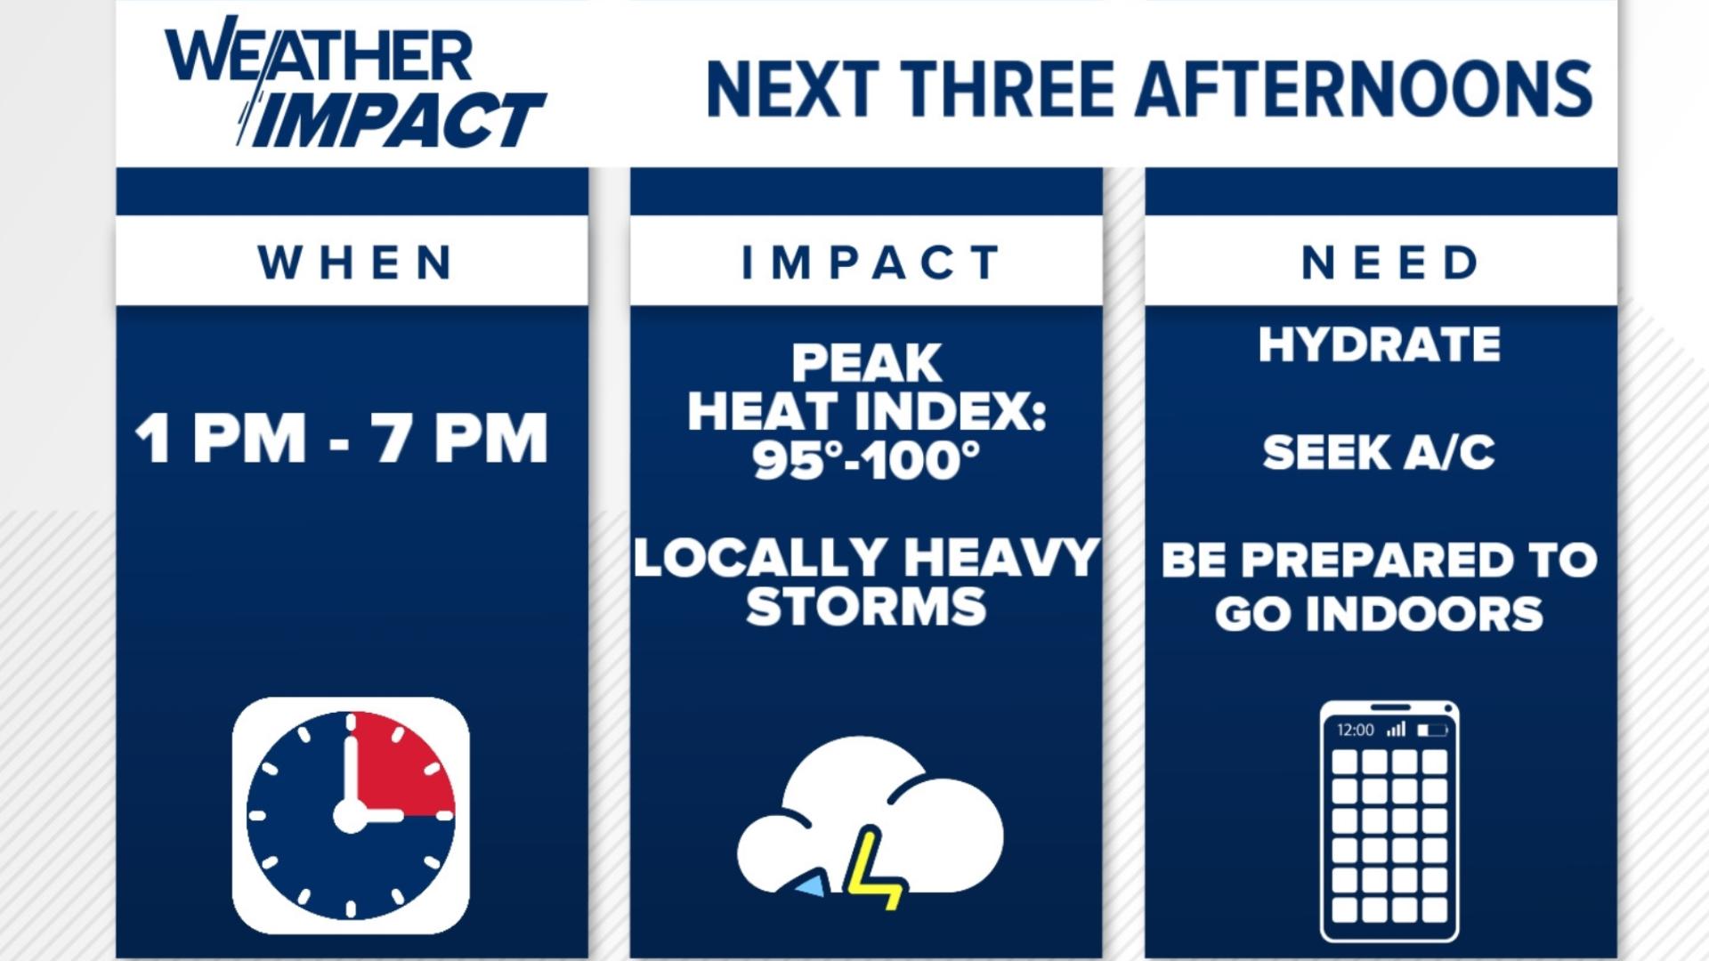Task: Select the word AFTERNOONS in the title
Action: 1363,90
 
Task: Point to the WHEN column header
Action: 355,262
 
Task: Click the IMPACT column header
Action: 870,262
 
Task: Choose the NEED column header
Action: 1389,262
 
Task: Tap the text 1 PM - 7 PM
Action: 342,439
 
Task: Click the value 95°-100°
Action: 866,460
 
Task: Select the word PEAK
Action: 866,363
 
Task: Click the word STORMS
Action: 866,607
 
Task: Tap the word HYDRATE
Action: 1379,344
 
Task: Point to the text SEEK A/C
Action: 1379,452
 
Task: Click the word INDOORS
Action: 1424,615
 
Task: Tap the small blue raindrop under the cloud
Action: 810,884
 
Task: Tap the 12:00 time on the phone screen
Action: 1355,730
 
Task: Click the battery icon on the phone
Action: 1432,730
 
